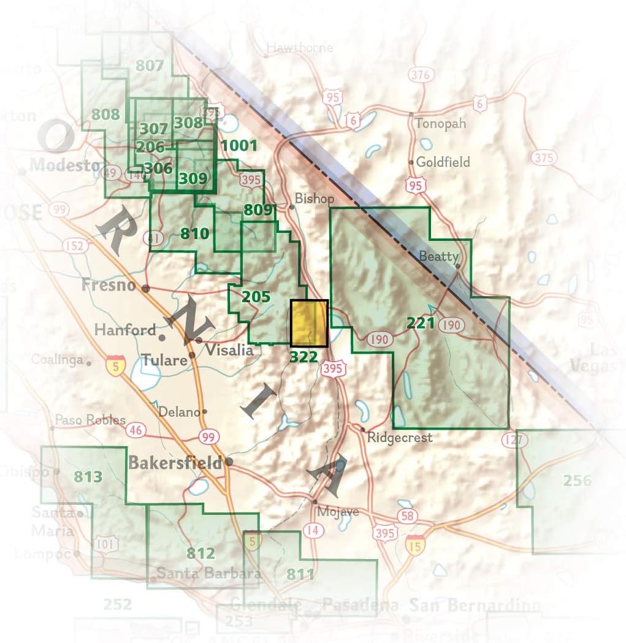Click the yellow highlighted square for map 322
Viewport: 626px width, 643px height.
[x=309, y=323]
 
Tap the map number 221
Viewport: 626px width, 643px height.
[x=420, y=322]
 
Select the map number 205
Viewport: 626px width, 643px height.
[x=256, y=297]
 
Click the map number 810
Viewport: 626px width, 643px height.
[x=195, y=234]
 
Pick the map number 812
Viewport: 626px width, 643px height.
[x=200, y=554]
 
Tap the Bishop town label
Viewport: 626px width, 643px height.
[x=315, y=199]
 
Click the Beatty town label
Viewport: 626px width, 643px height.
[x=438, y=257]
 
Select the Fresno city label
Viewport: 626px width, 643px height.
[x=109, y=286]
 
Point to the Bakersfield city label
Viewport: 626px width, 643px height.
[x=175, y=463]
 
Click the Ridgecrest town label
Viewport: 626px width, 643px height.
[x=400, y=438]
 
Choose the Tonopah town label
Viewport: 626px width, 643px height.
[x=440, y=123]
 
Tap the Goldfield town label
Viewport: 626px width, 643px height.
[x=443, y=162]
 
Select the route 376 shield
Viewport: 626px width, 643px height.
[x=420, y=75]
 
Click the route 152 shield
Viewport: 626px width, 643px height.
[x=73, y=246]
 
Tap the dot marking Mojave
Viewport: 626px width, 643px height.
[x=315, y=501]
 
